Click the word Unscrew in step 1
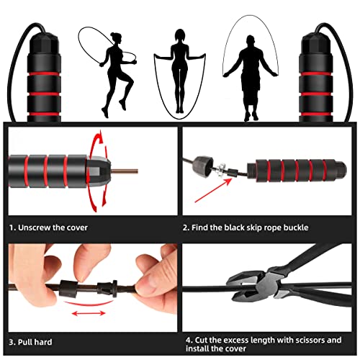click(44, 228)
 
